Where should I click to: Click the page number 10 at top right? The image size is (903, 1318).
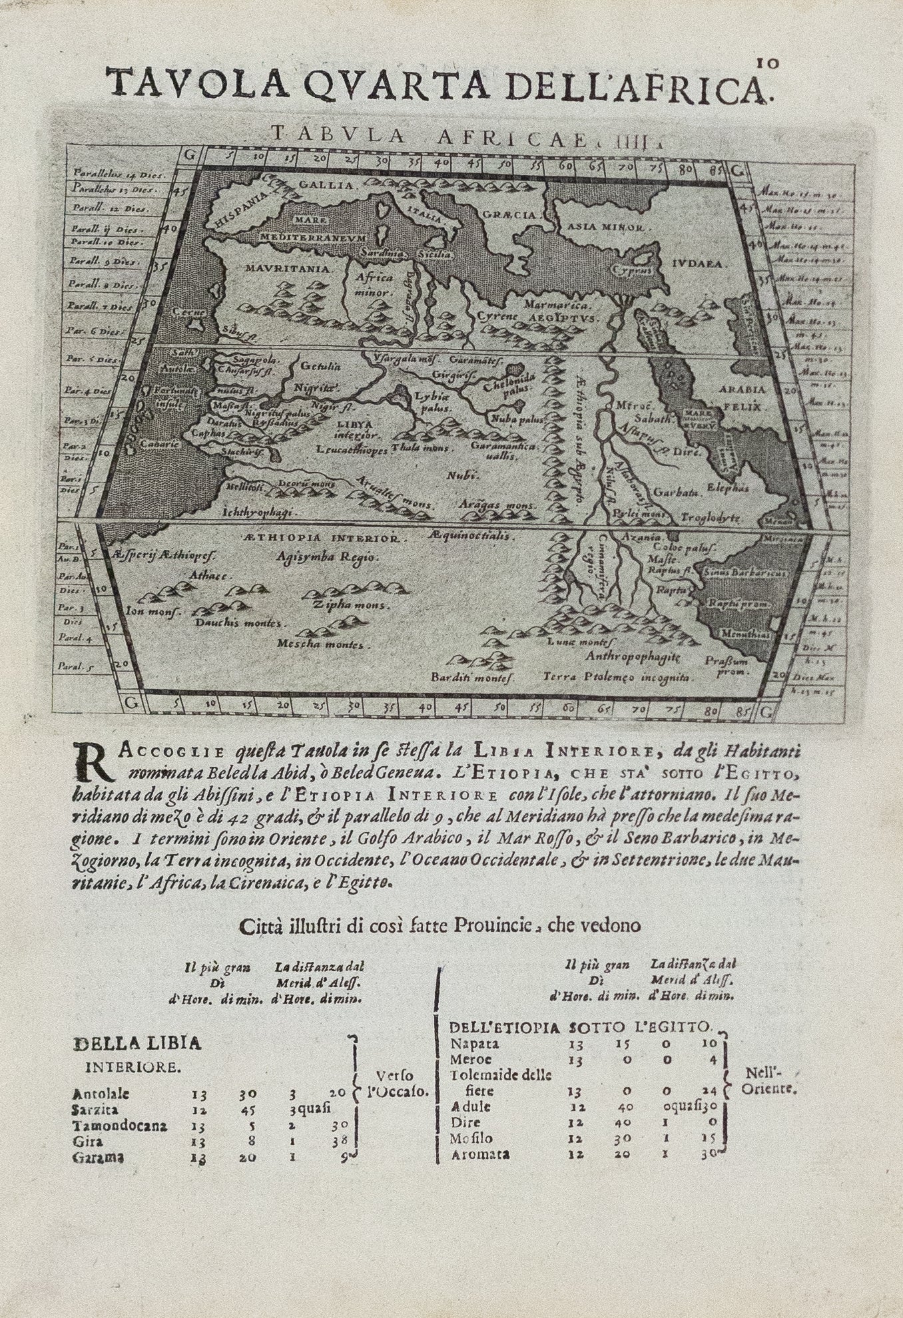(x=763, y=63)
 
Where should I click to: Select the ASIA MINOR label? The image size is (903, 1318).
(x=605, y=228)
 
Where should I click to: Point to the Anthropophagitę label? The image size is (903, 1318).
(x=632, y=656)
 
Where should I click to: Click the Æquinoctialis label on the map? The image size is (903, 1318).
(x=469, y=535)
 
